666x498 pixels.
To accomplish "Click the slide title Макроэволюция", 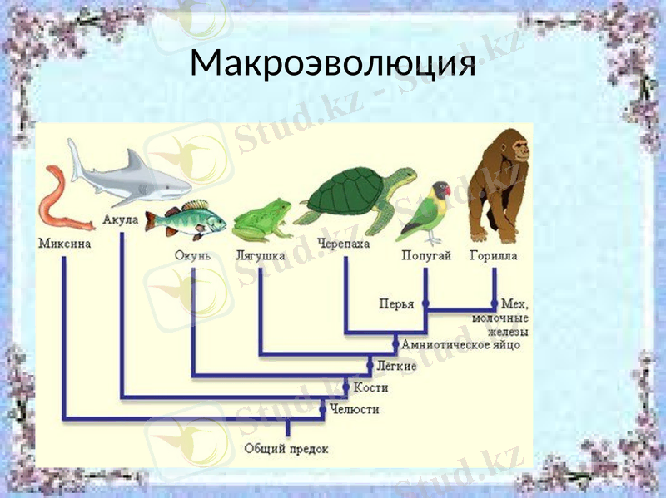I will [x=333, y=62].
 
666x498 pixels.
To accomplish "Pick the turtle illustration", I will [x=354, y=200].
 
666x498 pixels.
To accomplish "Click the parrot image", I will [x=427, y=212].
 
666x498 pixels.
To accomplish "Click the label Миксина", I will [x=64, y=244].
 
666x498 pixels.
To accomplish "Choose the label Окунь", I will [x=192, y=256].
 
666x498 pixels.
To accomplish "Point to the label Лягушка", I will [x=260, y=256].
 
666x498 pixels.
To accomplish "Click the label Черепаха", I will [x=344, y=244].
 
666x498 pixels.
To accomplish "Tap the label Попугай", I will [x=426, y=256].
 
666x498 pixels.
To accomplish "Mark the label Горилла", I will [x=494, y=256].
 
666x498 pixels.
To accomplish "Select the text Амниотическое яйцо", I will [x=460, y=344].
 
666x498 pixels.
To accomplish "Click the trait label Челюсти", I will [x=354, y=409].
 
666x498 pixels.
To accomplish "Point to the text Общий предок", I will [x=286, y=449].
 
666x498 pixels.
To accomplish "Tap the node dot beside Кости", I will [x=346, y=387].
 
